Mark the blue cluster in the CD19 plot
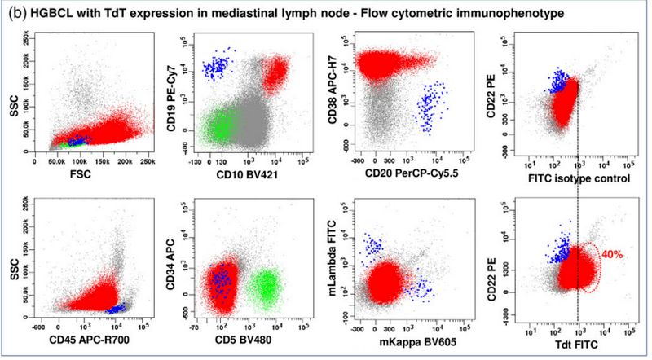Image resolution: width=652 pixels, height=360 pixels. pyautogui.click(x=217, y=66)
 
